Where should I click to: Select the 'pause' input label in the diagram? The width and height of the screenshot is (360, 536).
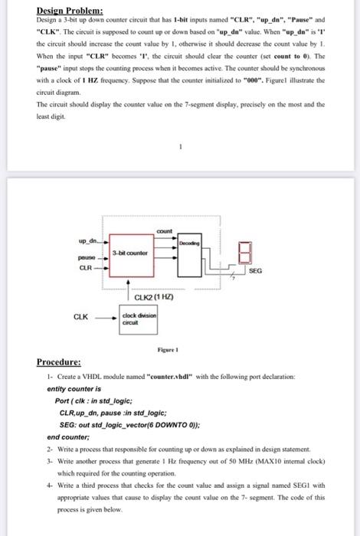[x=88, y=259]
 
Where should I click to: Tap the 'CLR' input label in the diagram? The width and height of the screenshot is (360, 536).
[x=88, y=269]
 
